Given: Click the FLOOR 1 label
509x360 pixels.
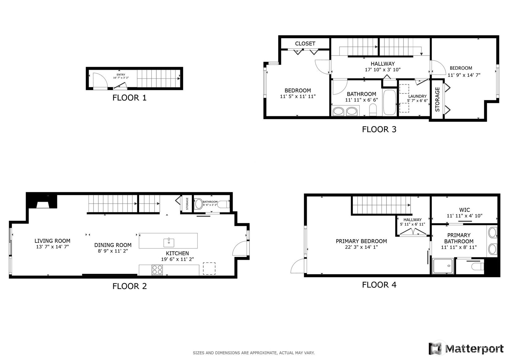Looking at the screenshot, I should (x=129, y=98).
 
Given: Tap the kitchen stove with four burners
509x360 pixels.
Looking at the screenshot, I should (x=157, y=270).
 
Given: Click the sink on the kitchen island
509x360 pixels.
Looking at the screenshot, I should (x=169, y=243).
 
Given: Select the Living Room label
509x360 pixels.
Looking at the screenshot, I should (x=52, y=241).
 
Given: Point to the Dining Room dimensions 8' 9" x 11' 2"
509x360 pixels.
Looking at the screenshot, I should (x=113, y=251).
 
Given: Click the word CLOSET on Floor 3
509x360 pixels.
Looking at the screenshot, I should (x=305, y=44).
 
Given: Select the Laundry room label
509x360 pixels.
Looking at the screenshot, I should (x=417, y=96).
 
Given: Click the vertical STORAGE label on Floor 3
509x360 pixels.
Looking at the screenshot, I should (x=437, y=99).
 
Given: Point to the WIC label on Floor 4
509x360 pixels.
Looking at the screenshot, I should (x=464, y=210).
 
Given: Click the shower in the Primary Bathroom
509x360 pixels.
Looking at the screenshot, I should (x=443, y=266).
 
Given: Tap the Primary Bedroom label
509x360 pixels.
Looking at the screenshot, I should (x=361, y=241).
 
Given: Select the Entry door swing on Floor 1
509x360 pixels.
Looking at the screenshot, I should (x=100, y=80).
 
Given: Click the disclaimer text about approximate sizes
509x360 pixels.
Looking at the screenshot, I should (x=253, y=353).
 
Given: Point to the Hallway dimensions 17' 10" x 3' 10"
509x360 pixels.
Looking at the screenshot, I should (x=383, y=70).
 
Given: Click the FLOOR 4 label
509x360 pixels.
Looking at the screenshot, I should (x=379, y=285).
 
